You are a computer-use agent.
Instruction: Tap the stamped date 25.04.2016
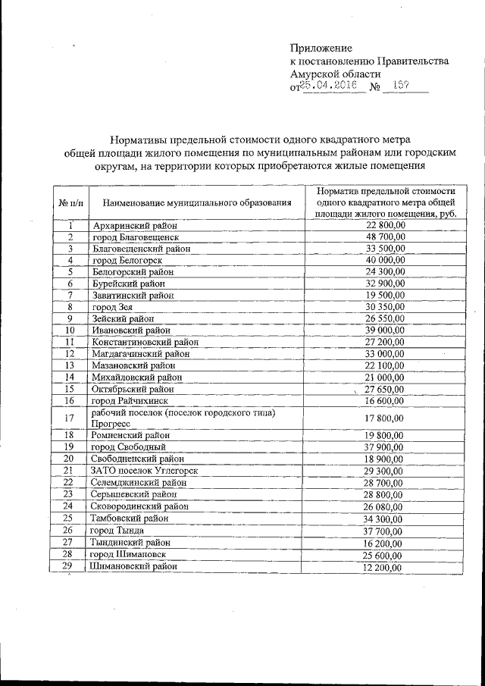click(331, 86)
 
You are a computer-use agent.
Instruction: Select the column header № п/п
click(70, 202)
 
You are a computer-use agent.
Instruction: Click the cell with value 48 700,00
click(386, 236)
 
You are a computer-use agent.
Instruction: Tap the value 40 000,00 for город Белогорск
click(386, 260)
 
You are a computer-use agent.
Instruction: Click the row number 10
click(70, 330)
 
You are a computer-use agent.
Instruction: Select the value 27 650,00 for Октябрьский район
click(386, 389)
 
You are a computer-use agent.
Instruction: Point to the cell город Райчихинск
click(130, 400)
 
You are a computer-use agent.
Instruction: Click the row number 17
click(70, 418)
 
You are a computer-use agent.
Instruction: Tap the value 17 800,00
click(386, 418)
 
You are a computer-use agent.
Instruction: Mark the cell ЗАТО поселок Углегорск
click(142, 470)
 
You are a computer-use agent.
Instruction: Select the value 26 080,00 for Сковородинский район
click(386, 506)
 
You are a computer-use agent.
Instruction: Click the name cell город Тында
click(117, 529)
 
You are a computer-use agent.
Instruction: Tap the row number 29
click(70, 565)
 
